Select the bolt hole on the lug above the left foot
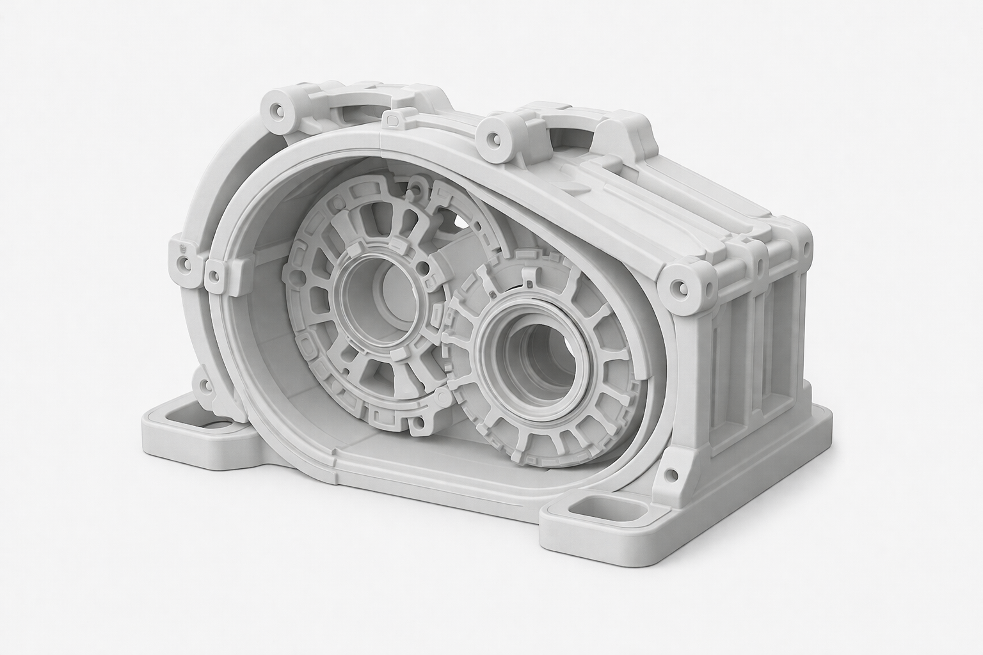tap(204, 386)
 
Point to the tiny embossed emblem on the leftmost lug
tap(182, 245)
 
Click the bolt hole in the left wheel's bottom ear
tap(419, 423)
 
